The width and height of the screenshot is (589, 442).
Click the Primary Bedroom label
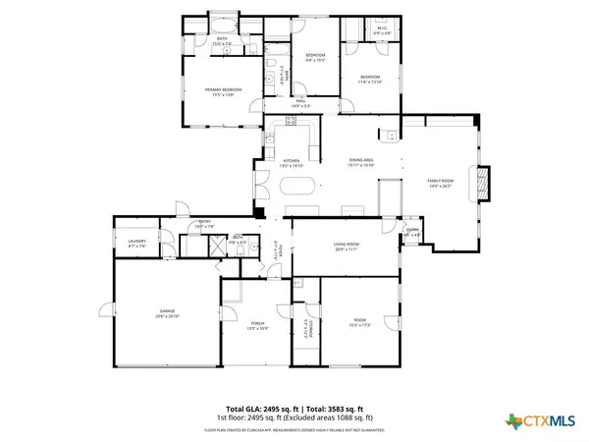coord(223,91)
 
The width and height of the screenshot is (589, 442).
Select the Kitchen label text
coord(292,162)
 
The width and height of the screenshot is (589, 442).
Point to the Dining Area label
coord(361,162)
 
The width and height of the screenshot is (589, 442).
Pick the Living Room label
coord(348,246)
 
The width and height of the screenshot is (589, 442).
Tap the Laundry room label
coord(136,243)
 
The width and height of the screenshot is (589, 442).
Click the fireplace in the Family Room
coord(481,183)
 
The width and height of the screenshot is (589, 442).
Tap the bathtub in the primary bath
coord(224,20)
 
